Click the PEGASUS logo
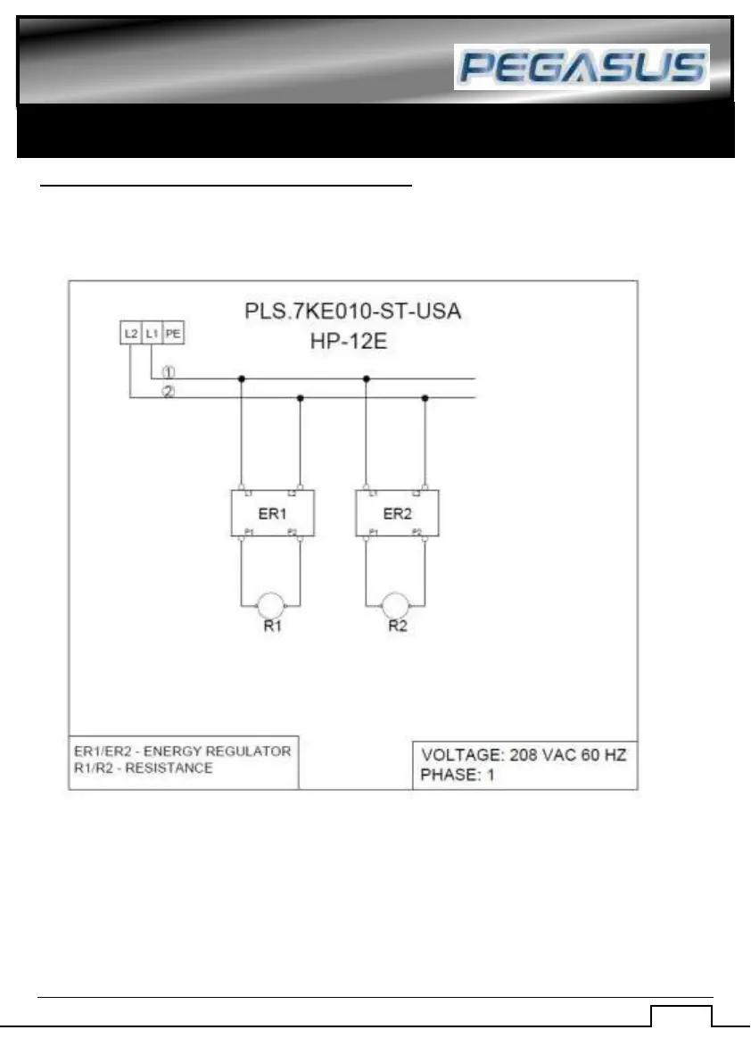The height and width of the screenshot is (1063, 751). [582, 67]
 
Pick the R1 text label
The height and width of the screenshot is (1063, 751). [272, 627]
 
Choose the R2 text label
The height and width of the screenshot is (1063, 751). [398, 627]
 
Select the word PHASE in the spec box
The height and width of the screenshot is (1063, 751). [448, 774]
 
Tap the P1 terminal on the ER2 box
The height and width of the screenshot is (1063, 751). [372, 532]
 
